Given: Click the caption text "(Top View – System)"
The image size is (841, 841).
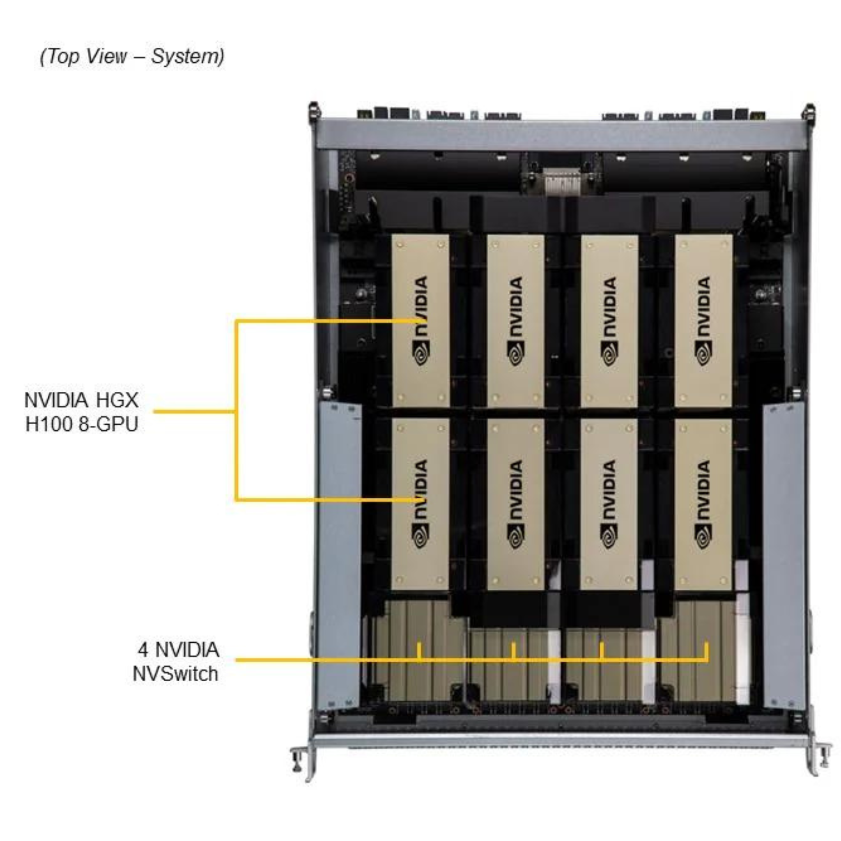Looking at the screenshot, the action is [132, 57].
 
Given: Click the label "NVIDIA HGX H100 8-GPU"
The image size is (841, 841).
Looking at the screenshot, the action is [81, 412].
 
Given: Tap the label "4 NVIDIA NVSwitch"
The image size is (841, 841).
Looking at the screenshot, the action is [176, 662].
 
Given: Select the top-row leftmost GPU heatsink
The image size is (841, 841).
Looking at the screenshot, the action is [420, 321].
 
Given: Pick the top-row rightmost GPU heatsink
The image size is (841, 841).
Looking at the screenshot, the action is [703, 321].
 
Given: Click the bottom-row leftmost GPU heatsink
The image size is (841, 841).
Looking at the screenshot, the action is [420, 504].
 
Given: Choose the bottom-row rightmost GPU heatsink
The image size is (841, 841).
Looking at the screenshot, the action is [703, 504].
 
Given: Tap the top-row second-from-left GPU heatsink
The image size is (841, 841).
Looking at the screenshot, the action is [515, 321].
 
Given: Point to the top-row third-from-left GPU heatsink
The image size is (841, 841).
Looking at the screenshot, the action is [609, 321].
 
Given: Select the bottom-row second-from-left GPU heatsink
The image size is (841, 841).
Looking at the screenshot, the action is [515, 504].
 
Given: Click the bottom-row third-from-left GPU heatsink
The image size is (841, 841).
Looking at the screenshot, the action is [609, 504].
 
